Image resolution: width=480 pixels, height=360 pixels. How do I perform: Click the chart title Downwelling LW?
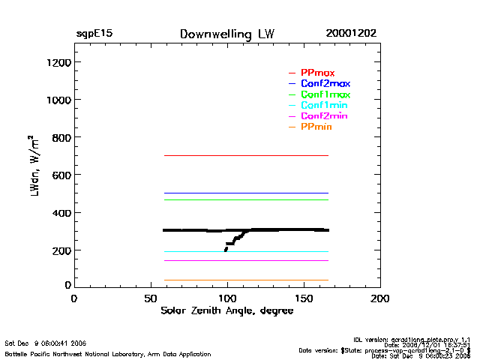click(x=226, y=34)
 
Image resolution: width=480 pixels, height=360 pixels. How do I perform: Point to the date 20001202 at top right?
click(x=351, y=34)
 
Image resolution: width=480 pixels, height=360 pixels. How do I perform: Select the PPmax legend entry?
click(x=318, y=72)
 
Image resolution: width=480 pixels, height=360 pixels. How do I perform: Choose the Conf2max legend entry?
click(x=325, y=83)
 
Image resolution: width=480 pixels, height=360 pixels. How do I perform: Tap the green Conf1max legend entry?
click(x=325, y=94)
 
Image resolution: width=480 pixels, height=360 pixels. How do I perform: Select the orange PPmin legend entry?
click(x=316, y=127)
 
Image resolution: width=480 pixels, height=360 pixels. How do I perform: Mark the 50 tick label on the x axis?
click(x=150, y=298)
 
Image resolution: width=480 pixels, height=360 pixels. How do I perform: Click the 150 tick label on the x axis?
click(x=304, y=298)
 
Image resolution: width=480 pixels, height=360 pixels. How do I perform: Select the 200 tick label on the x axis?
click(x=380, y=298)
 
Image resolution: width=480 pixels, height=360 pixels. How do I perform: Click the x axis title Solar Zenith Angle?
click(x=226, y=311)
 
